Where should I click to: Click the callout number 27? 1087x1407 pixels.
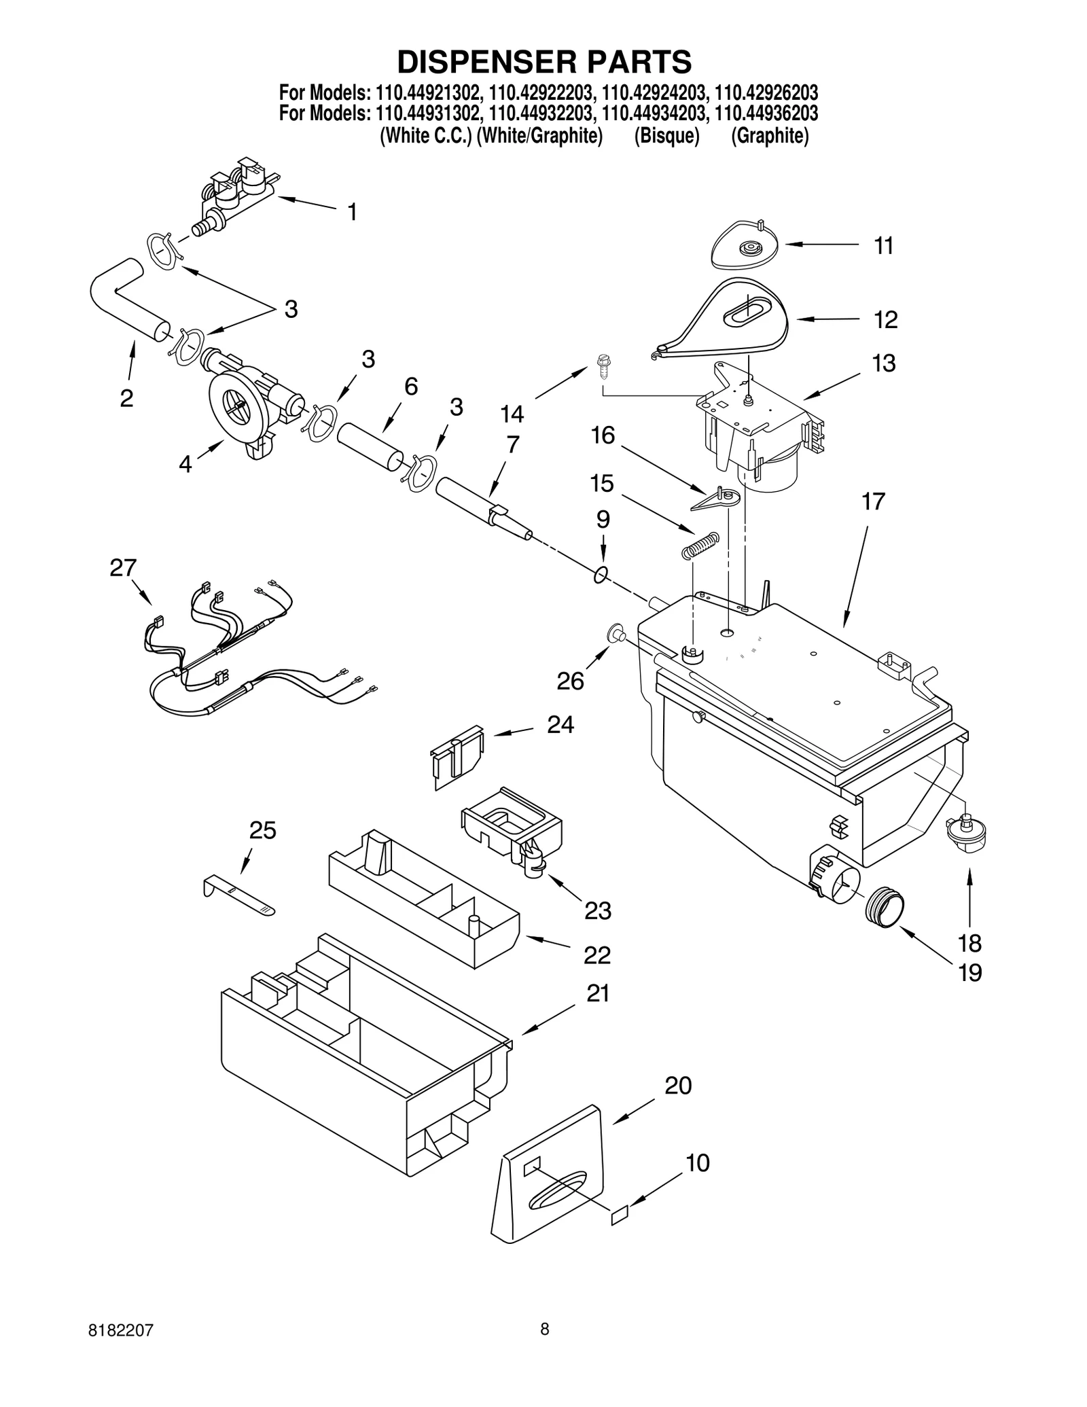point(123,567)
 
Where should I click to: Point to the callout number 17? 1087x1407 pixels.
point(873,501)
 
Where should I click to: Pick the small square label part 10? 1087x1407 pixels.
point(620,1215)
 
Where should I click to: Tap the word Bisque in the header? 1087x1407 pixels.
point(666,137)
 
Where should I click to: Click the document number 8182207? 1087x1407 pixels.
point(120,1348)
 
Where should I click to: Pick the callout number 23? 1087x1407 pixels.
point(598,910)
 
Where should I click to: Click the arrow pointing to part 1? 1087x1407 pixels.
point(306,202)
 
